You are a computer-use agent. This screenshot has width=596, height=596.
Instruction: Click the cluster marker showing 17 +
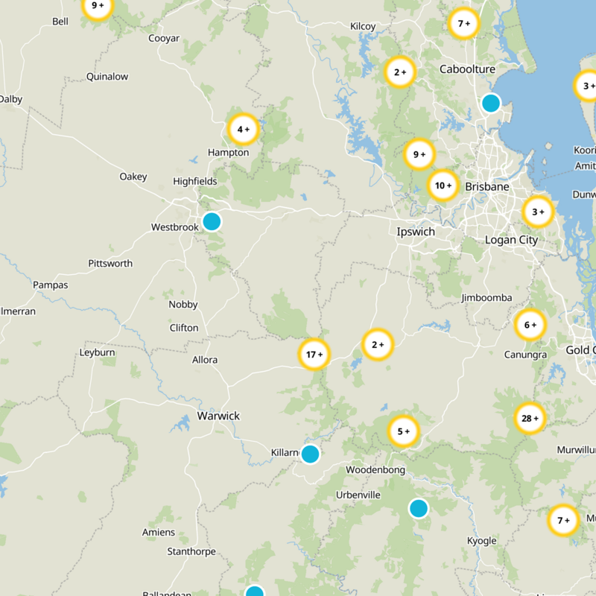pyautogui.click(x=314, y=355)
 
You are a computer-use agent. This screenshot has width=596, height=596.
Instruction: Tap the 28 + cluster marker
pyautogui.click(x=530, y=418)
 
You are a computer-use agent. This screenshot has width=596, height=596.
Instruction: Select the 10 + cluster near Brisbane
pyautogui.click(x=443, y=186)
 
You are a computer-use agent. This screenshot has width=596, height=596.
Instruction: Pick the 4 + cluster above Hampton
pyautogui.click(x=243, y=130)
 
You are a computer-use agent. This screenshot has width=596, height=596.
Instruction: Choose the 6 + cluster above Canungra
pyautogui.click(x=530, y=325)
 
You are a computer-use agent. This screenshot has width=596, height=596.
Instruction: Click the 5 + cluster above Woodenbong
pyautogui.click(x=403, y=431)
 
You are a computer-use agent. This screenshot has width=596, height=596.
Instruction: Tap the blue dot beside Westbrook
pyautogui.click(x=212, y=221)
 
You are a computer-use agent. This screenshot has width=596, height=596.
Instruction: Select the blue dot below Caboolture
pyautogui.click(x=490, y=103)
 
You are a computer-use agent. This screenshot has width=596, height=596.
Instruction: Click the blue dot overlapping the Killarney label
pyautogui.click(x=310, y=453)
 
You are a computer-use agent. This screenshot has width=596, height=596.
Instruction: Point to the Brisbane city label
pyautogui.click(x=486, y=186)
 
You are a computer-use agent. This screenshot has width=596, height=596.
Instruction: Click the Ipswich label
pyautogui.click(x=416, y=232)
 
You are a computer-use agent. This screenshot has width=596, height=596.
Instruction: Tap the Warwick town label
pyautogui.click(x=218, y=416)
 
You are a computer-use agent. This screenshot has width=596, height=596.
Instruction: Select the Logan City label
pyautogui.click(x=511, y=240)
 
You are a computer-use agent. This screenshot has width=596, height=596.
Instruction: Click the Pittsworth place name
pyautogui.click(x=110, y=264)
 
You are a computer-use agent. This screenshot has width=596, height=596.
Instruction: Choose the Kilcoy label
pyautogui.click(x=363, y=27)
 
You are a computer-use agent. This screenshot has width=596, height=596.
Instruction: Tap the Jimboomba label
pyautogui.click(x=486, y=298)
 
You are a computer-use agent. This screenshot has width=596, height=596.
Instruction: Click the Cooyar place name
pyautogui.click(x=164, y=38)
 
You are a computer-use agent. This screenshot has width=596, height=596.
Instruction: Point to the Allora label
pyautogui.click(x=205, y=360)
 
